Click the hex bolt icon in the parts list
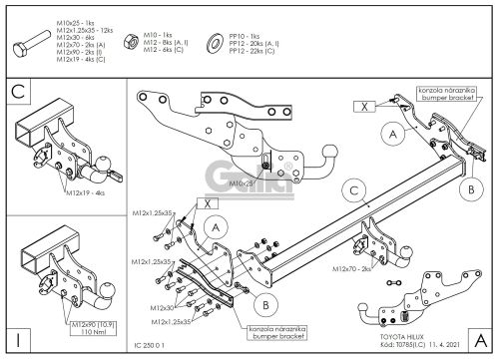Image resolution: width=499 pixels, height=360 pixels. [31, 45]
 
